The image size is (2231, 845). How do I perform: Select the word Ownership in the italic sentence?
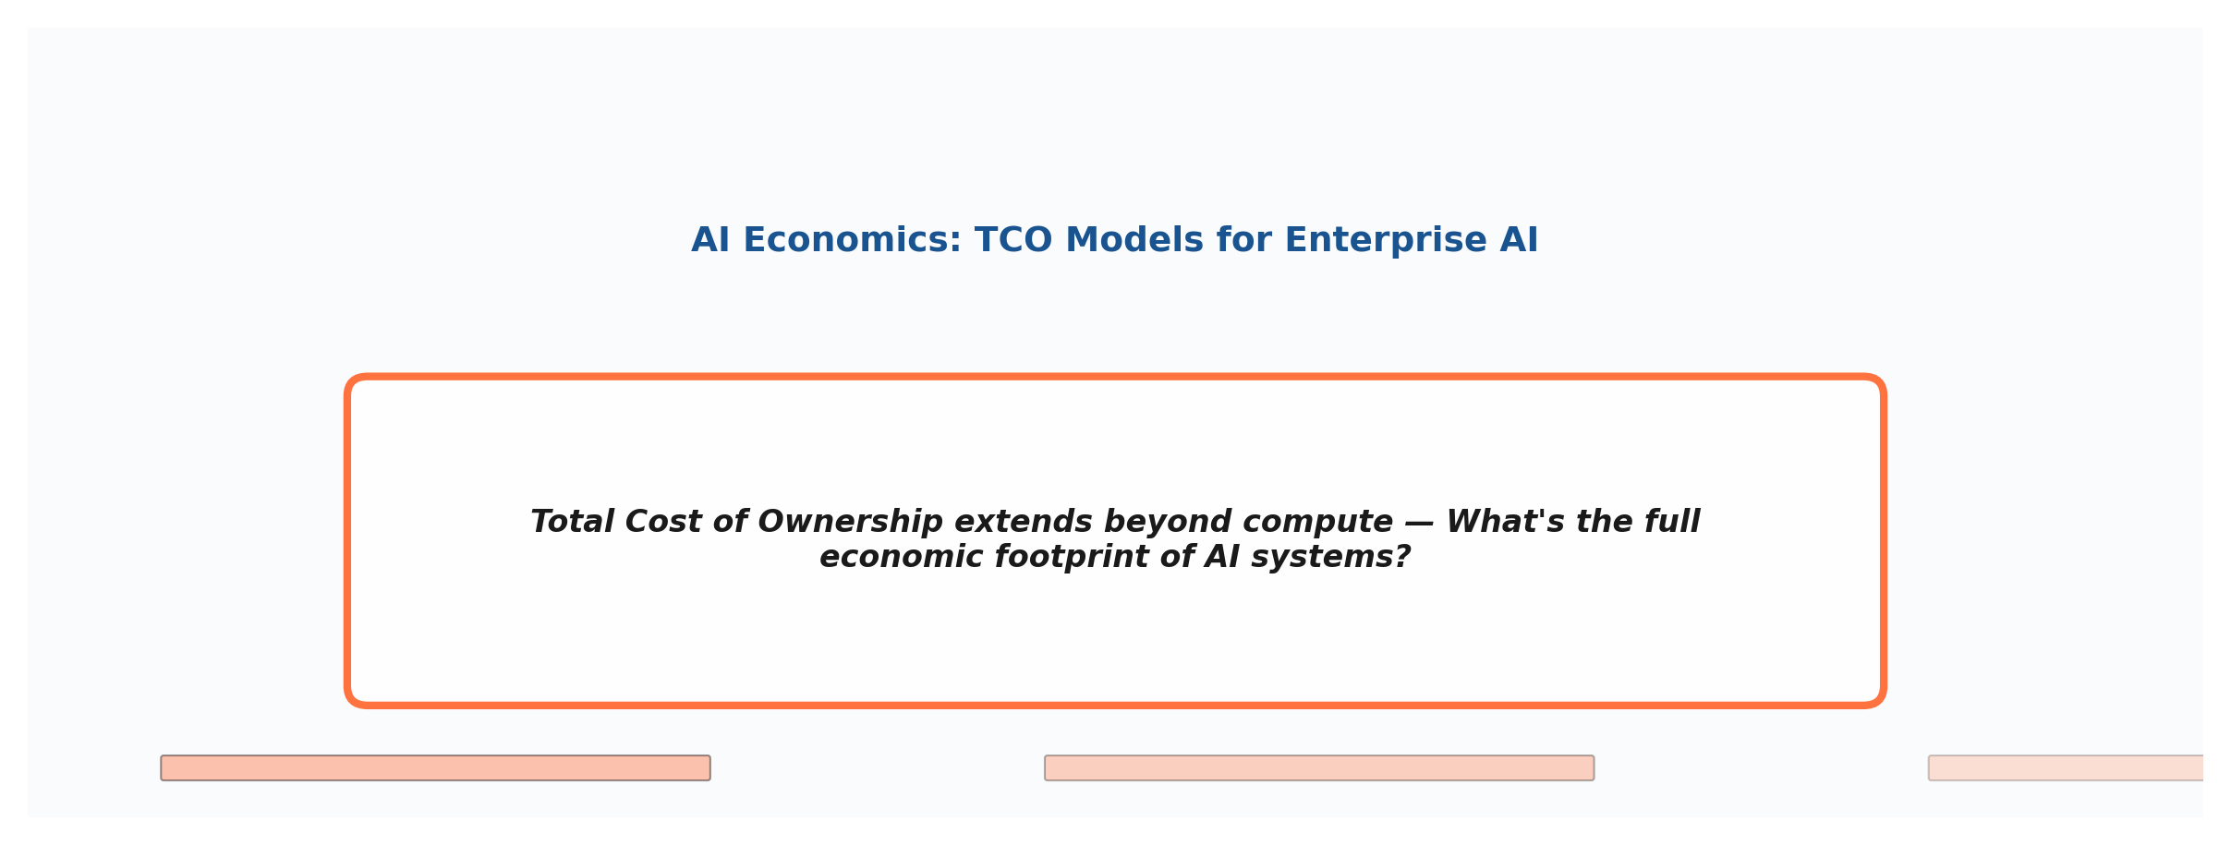[850, 522]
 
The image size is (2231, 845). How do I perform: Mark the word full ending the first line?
[1671, 522]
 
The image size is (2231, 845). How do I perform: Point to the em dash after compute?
[1419, 523]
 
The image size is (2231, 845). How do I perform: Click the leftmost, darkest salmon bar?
[435, 768]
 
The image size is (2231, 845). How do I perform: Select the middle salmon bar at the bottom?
[1319, 768]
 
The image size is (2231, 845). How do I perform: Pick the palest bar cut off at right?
[2066, 768]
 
